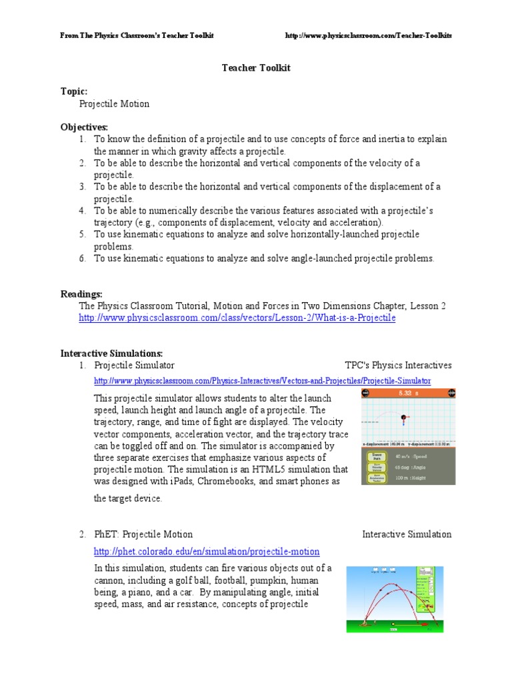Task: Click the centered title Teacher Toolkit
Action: click(x=255, y=68)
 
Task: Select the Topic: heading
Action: click(x=74, y=91)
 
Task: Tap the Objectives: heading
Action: click(x=84, y=127)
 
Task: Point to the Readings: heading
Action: click(x=81, y=293)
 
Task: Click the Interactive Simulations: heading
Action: click(x=111, y=353)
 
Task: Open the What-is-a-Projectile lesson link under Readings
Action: click(x=237, y=318)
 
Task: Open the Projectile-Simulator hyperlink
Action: click(x=262, y=381)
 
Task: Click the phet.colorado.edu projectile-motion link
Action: click(x=207, y=552)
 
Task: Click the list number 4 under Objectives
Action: click(x=83, y=211)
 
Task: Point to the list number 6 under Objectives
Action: click(x=83, y=259)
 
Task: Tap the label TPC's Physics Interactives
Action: click(x=398, y=366)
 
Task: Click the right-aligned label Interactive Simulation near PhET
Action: click(x=407, y=534)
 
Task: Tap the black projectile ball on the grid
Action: click(x=403, y=418)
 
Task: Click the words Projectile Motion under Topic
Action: click(x=114, y=104)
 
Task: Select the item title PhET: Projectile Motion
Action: click(x=143, y=534)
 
